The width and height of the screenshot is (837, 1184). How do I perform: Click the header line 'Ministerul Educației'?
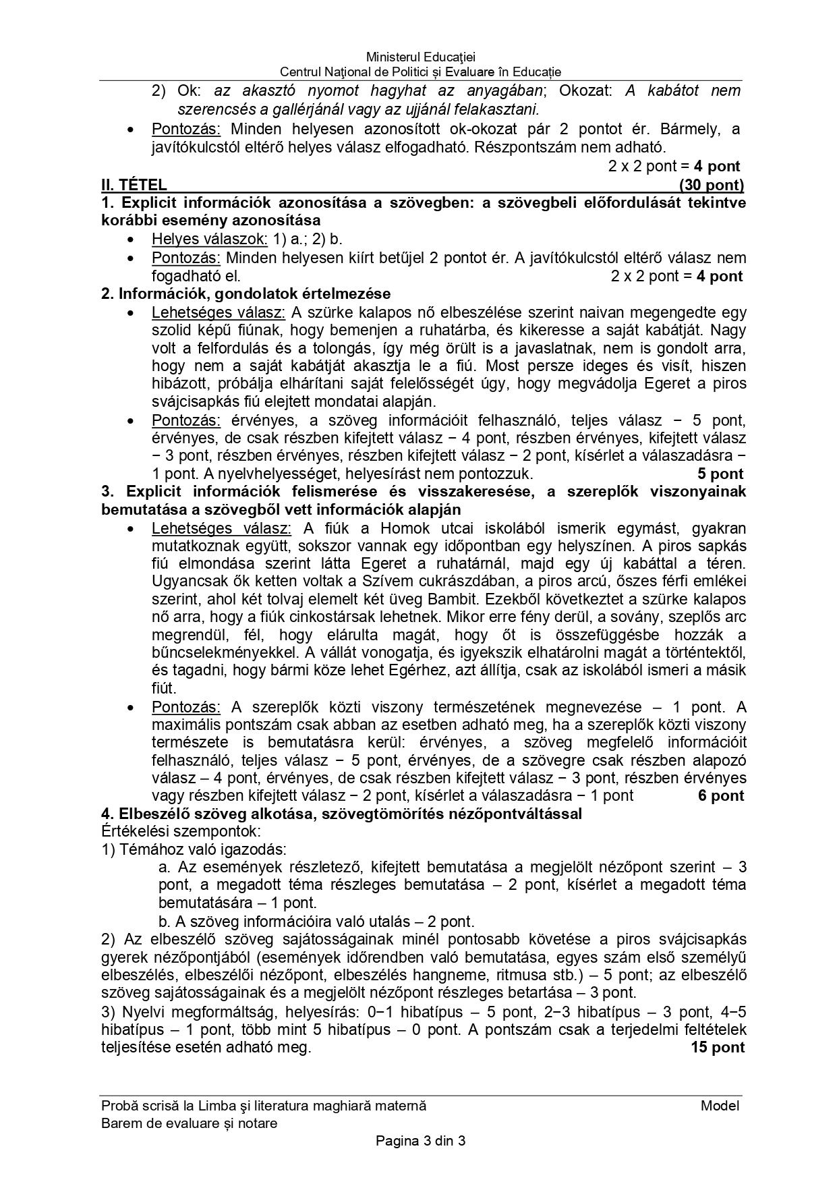[420, 58]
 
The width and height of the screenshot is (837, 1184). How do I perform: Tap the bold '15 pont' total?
[718, 1048]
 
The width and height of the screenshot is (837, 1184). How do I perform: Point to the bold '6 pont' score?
[721, 796]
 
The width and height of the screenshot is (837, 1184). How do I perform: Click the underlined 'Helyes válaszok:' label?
[210, 239]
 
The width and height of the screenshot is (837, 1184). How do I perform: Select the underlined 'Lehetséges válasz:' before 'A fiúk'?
[221, 528]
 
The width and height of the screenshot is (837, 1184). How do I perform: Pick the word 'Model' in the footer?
[720, 1106]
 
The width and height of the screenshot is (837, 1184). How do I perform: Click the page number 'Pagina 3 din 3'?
[420, 1141]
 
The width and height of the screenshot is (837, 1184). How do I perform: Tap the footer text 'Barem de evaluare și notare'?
[189, 1123]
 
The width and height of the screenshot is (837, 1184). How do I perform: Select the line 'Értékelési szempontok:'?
[181, 832]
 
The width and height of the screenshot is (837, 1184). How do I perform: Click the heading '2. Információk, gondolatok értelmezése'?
[246, 294]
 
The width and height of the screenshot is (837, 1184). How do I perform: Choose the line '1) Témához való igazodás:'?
[194, 850]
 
